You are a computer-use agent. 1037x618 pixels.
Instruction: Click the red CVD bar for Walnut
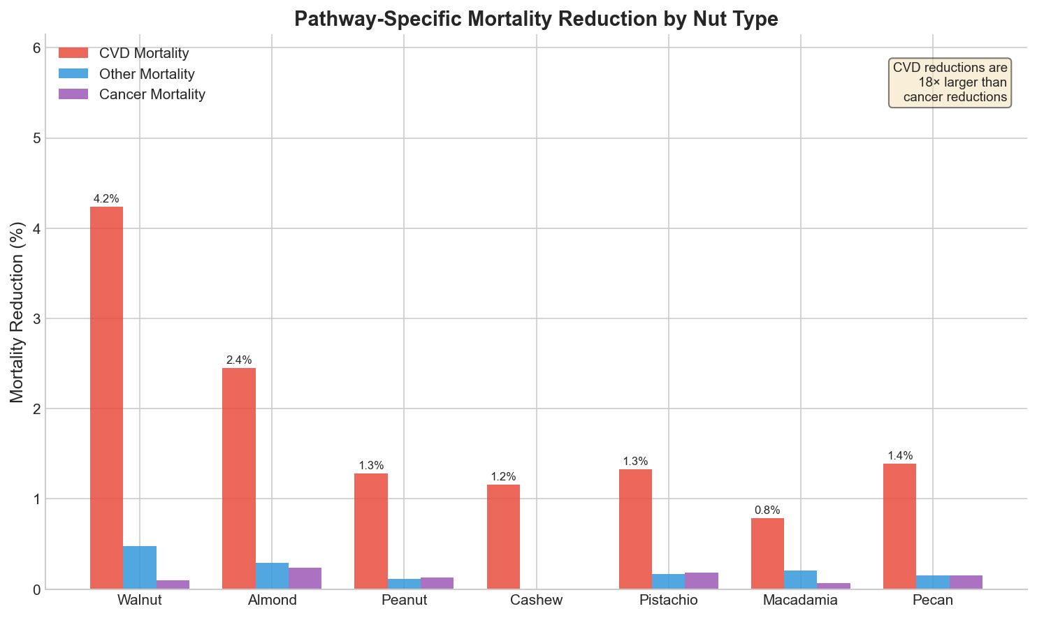pos(106,397)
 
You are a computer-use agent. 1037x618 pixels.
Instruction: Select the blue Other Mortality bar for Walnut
pos(140,567)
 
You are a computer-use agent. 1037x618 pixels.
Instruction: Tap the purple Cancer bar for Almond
pos(305,578)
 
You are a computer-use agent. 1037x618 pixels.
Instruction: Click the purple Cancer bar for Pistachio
pos(702,580)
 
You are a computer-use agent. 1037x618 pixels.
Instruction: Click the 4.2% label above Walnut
pos(106,199)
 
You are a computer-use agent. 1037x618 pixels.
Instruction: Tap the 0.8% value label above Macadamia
pos(767,510)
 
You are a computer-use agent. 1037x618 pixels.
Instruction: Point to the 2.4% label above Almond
pos(239,360)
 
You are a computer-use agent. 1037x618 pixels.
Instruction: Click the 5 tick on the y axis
pos(36,138)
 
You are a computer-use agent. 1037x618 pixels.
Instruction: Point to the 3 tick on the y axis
pos(36,318)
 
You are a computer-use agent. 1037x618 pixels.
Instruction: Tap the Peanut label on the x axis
pos(405,600)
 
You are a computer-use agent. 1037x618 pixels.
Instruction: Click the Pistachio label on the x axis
pos(669,600)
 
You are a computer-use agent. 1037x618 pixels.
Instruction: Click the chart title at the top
pos(536,19)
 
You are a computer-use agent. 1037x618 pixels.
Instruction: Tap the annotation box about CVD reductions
pos(950,82)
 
